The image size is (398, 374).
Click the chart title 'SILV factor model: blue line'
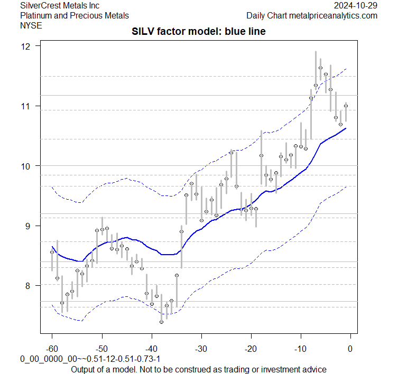199,32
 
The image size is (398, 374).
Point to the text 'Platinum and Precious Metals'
75,15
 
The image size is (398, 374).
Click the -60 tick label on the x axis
51,349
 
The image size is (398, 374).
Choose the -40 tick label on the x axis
151,349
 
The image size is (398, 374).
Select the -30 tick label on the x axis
201,349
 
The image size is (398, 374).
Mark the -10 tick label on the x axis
300,349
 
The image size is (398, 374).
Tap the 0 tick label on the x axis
350,349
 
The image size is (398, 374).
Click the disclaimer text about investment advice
199,369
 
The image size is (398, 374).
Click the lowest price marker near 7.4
161,322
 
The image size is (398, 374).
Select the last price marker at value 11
346,106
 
